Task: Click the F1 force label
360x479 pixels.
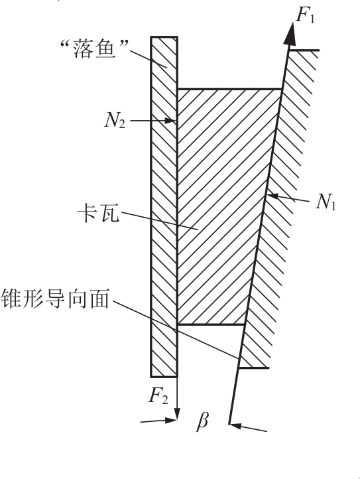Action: coord(305,15)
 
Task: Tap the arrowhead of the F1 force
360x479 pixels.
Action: coord(290,33)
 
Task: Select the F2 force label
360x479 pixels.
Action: coord(158,396)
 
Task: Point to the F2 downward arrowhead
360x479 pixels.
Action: coord(177,414)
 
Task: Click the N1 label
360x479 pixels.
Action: coord(326,202)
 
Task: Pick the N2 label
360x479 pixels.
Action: coord(115,120)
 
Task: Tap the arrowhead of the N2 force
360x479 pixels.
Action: coord(170,121)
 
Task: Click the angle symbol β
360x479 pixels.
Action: coord(202,421)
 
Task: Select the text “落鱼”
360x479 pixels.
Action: coord(94,49)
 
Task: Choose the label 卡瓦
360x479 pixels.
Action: coord(98,212)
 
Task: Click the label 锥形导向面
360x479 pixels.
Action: coord(55,298)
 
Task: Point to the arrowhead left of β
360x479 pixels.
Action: coord(171,421)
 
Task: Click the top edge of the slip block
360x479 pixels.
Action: coord(229,89)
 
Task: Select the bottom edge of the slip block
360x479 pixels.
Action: coord(211,324)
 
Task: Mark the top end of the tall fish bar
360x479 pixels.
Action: coord(164,36)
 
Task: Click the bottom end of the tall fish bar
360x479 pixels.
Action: coord(164,376)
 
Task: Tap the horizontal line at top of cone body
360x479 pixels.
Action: coord(304,50)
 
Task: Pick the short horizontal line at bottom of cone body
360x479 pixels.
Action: coord(253,368)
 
